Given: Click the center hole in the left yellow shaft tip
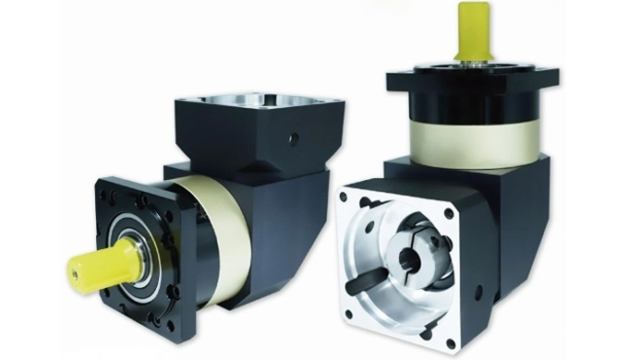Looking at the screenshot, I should tap(75, 270).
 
